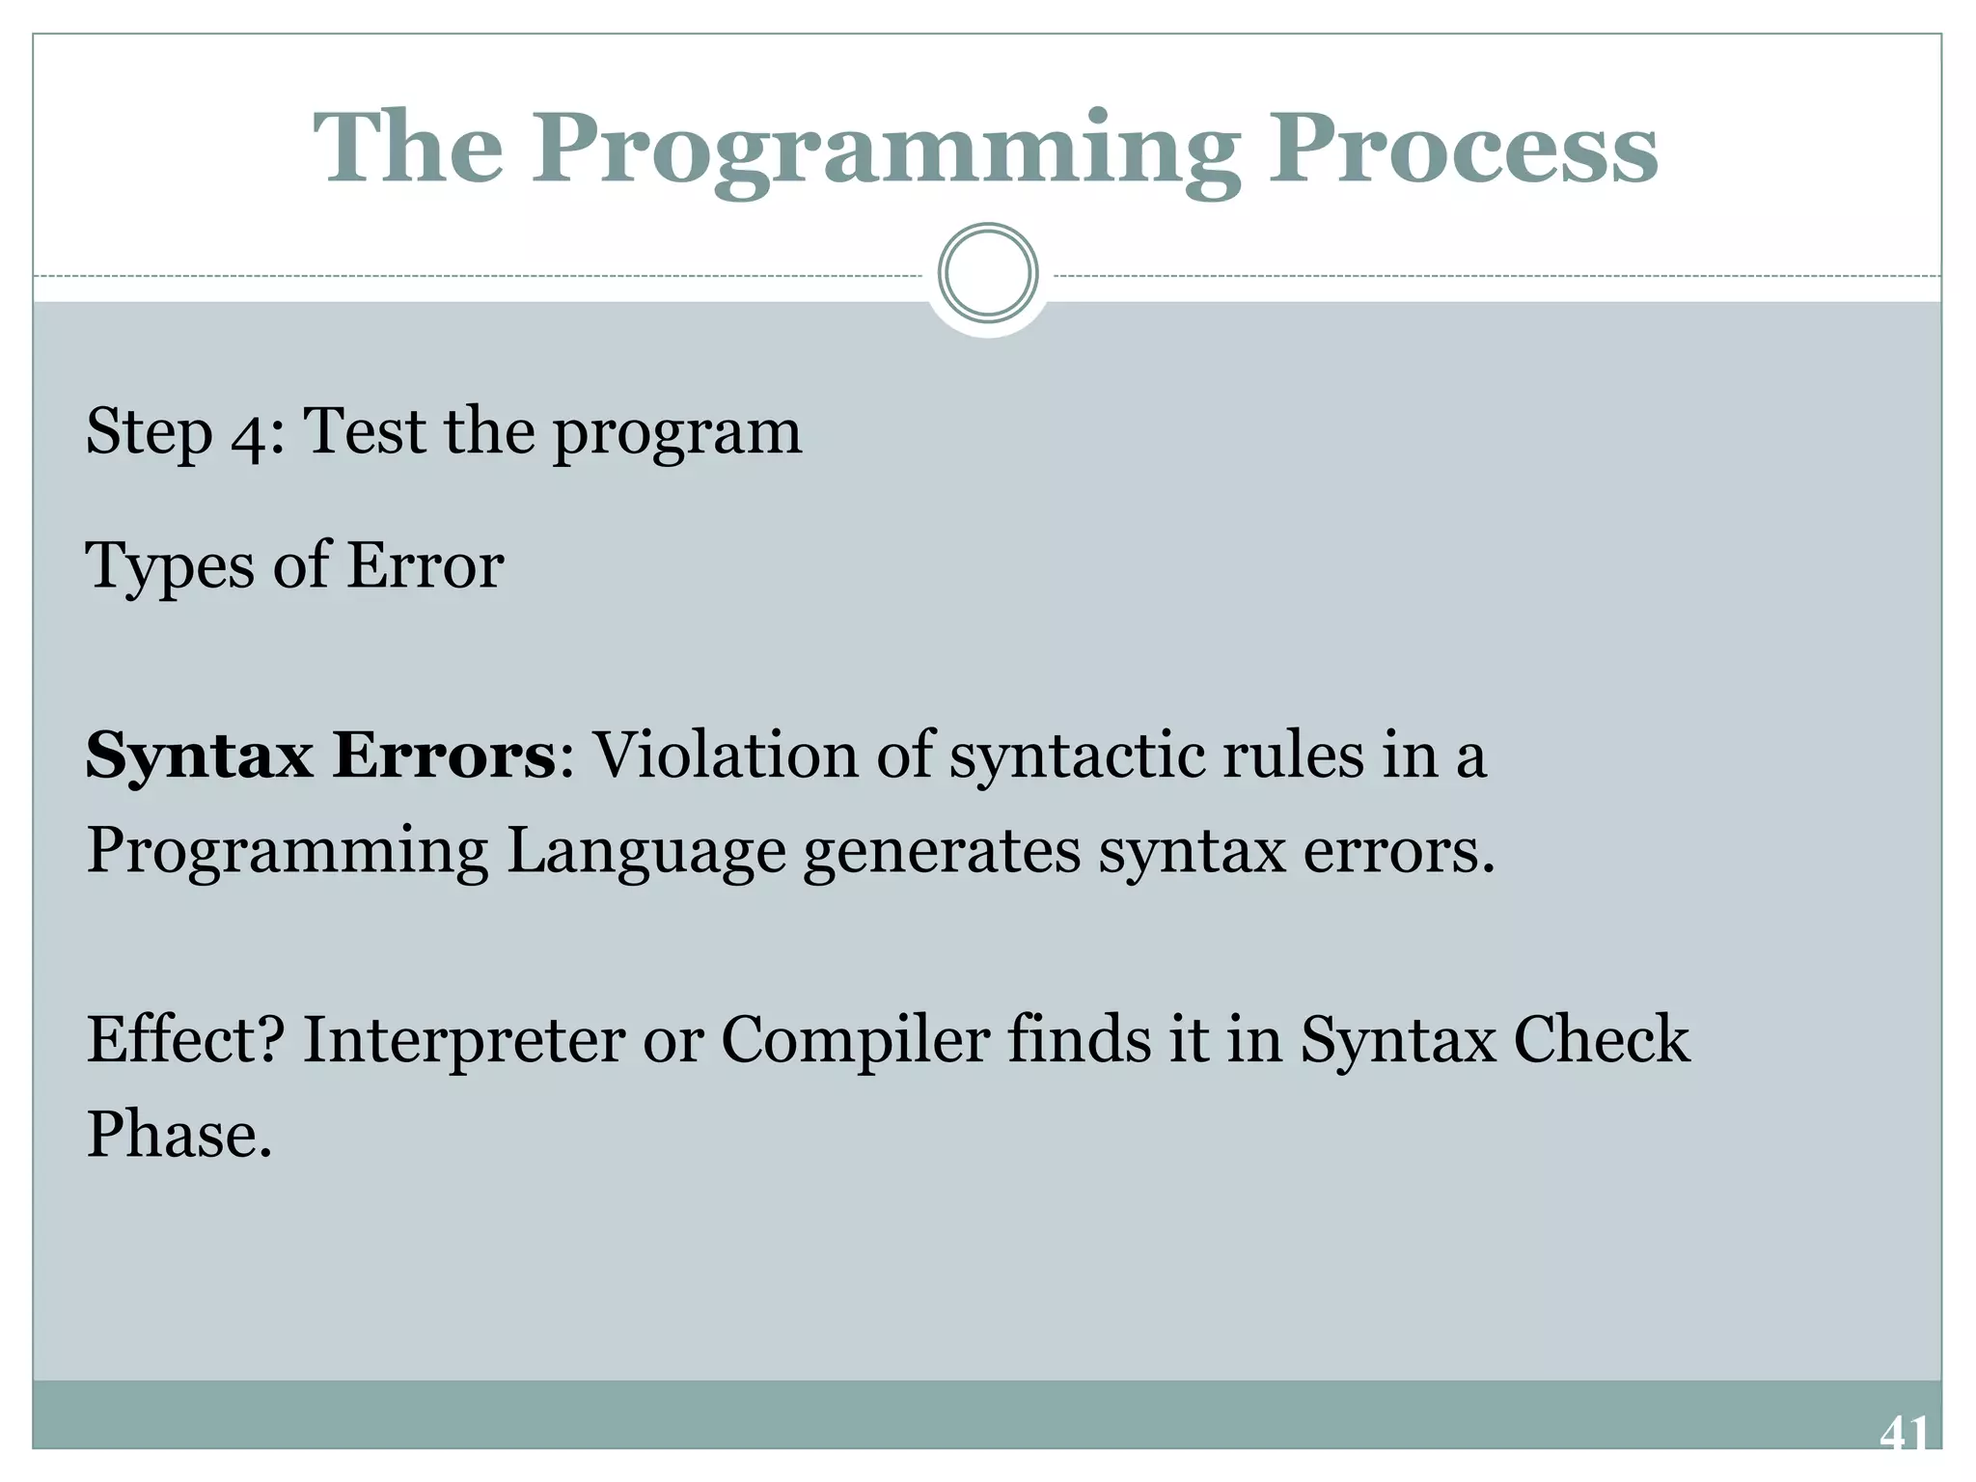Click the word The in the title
(408, 150)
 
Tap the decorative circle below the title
(988, 273)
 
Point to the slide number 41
(1904, 1433)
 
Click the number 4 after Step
(254, 433)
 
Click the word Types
(168, 567)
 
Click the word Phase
(178, 1135)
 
